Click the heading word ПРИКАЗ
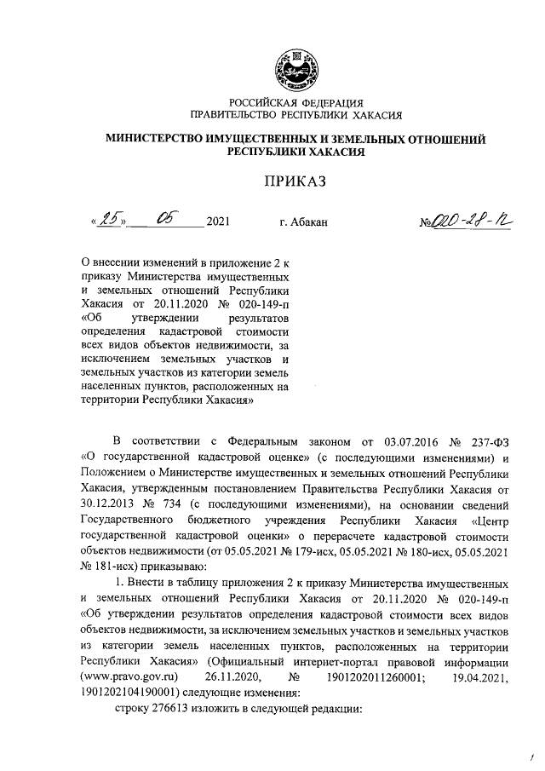coord(295,181)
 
